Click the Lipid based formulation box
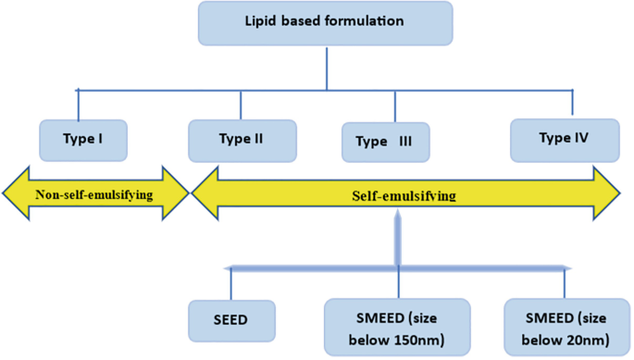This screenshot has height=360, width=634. pyautogui.click(x=326, y=23)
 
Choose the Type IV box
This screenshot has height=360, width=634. pyautogui.click(x=564, y=138)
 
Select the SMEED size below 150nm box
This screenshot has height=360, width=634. pyautogui.click(x=398, y=325)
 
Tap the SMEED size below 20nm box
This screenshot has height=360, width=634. pyautogui.click(x=566, y=325)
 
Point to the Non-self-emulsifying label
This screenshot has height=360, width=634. pyautogui.click(x=95, y=194)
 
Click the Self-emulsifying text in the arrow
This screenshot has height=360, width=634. pyautogui.click(x=404, y=196)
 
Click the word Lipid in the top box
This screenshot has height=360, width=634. pyautogui.click(x=265, y=23)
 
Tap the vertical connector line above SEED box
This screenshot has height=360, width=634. pyautogui.click(x=230, y=283)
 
